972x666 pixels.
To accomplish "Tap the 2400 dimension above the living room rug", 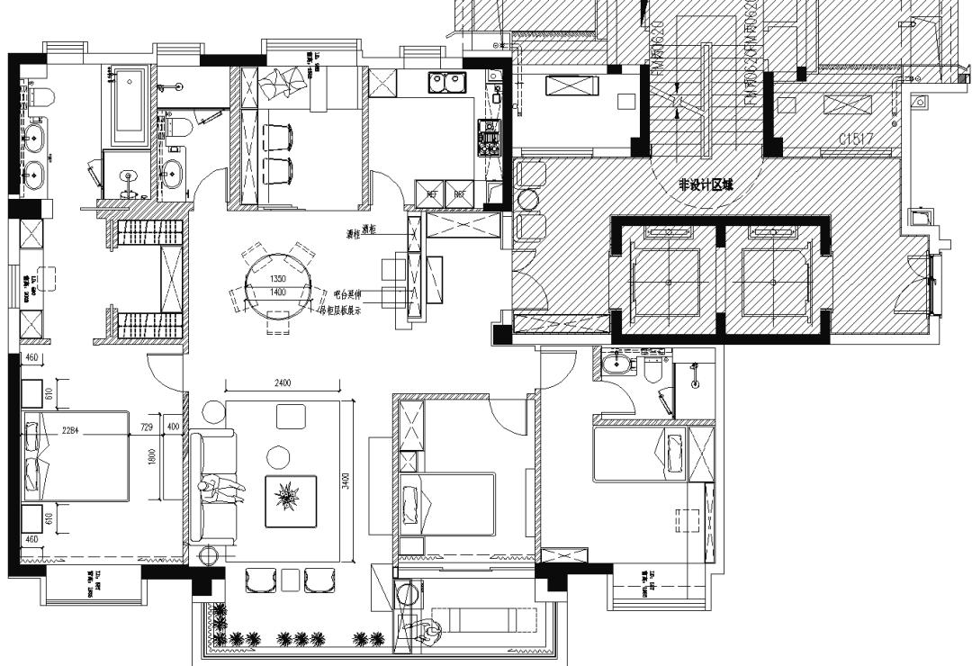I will point(282,383).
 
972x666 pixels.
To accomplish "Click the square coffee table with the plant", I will point(290,500).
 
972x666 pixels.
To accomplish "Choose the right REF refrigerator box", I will point(459,193).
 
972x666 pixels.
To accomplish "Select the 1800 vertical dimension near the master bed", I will point(152,457).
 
